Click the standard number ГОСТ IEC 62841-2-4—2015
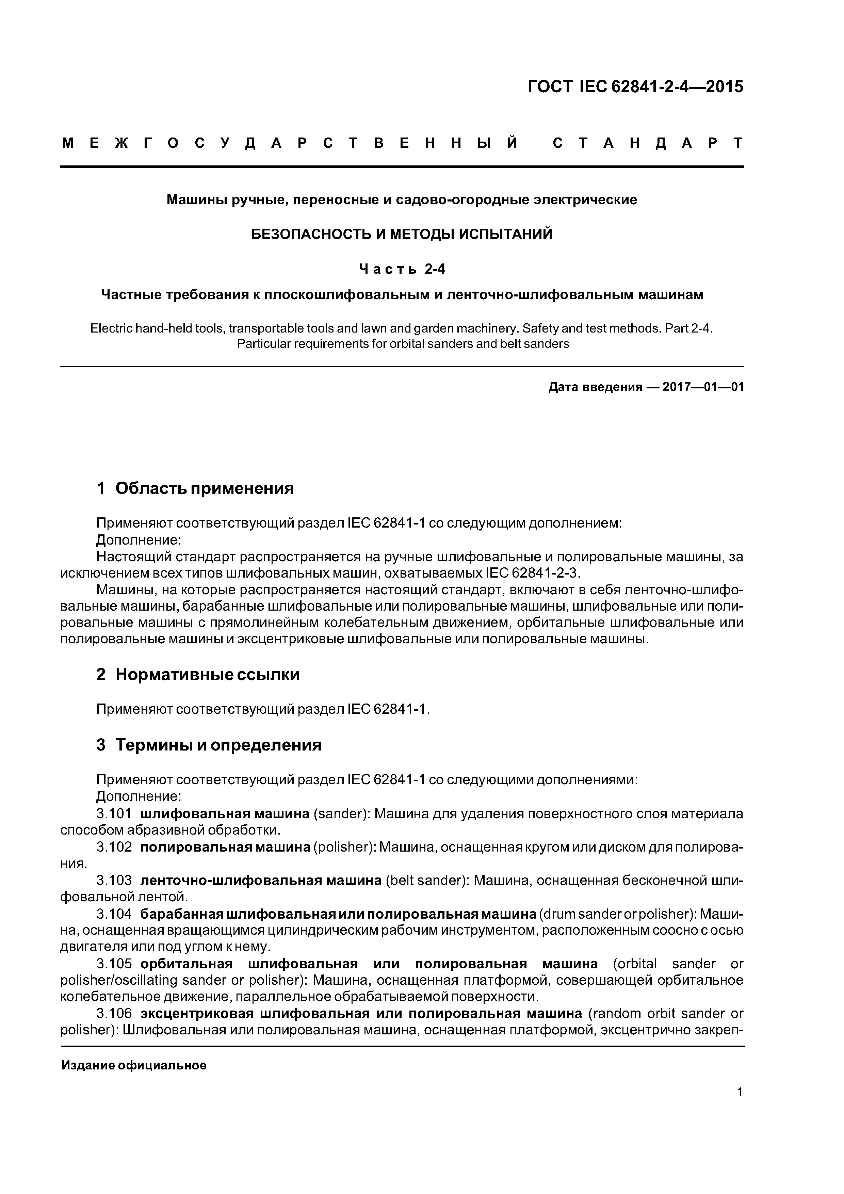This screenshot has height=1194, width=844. [x=635, y=87]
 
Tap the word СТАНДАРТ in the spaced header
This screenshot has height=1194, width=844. [x=647, y=144]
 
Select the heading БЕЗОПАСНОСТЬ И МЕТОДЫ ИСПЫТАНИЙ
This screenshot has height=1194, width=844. [x=402, y=235]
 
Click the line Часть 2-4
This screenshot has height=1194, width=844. [x=402, y=269]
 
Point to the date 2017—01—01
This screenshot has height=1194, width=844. [x=703, y=387]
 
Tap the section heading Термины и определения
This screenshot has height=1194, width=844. [x=218, y=745]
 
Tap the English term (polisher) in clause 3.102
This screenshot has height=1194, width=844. [x=344, y=847]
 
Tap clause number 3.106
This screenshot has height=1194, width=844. [x=114, y=1014]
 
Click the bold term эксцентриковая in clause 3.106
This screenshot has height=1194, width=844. [x=197, y=1014]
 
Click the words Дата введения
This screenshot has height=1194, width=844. [x=595, y=387]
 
